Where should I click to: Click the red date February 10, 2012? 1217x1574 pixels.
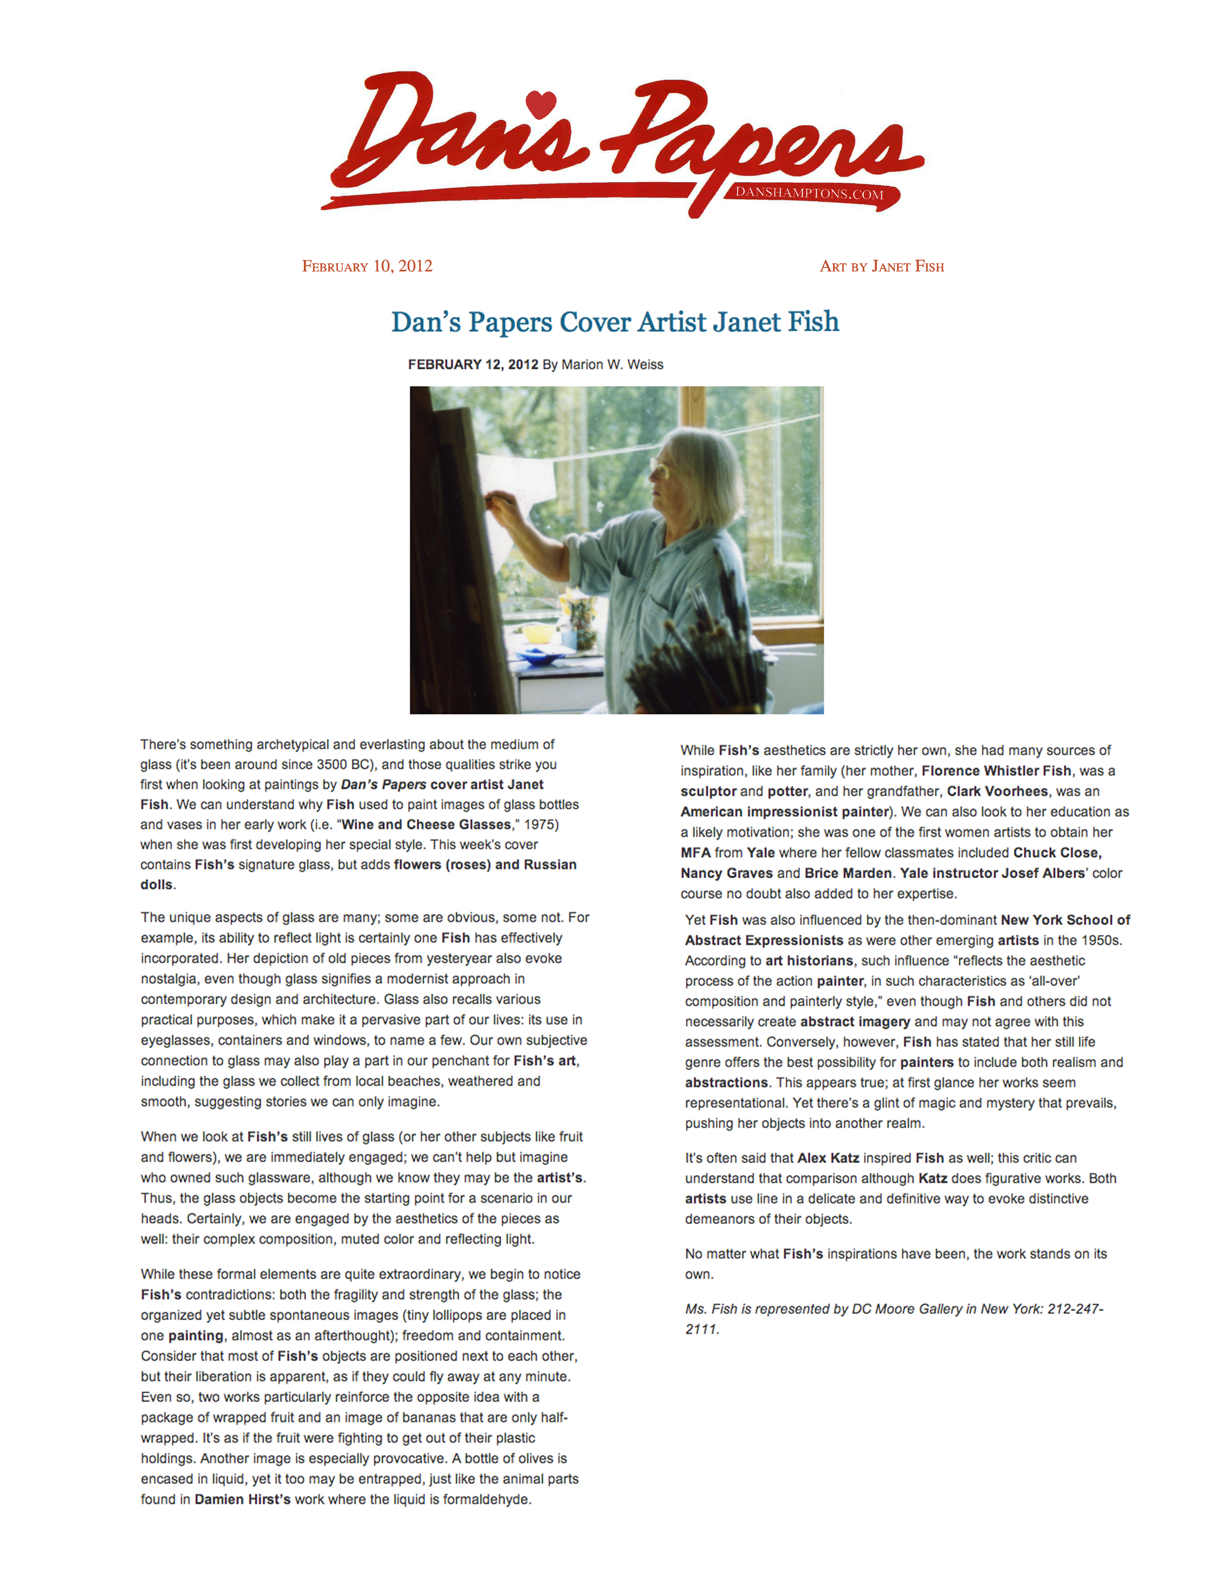pyautogui.click(x=367, y=267)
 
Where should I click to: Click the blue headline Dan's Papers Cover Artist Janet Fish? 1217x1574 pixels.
pyautogui.click(x=615, y=322)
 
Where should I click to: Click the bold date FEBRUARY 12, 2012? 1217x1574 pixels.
pyautogui.click(x=473, y=365)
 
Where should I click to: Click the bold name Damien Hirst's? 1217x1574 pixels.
pyautogui.click(x=242, y=1499)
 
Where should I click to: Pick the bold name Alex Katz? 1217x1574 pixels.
pyautogui.click(x=828, y=1158)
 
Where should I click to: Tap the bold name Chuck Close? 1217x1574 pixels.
pyautogui.click(x=1057, y=853)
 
